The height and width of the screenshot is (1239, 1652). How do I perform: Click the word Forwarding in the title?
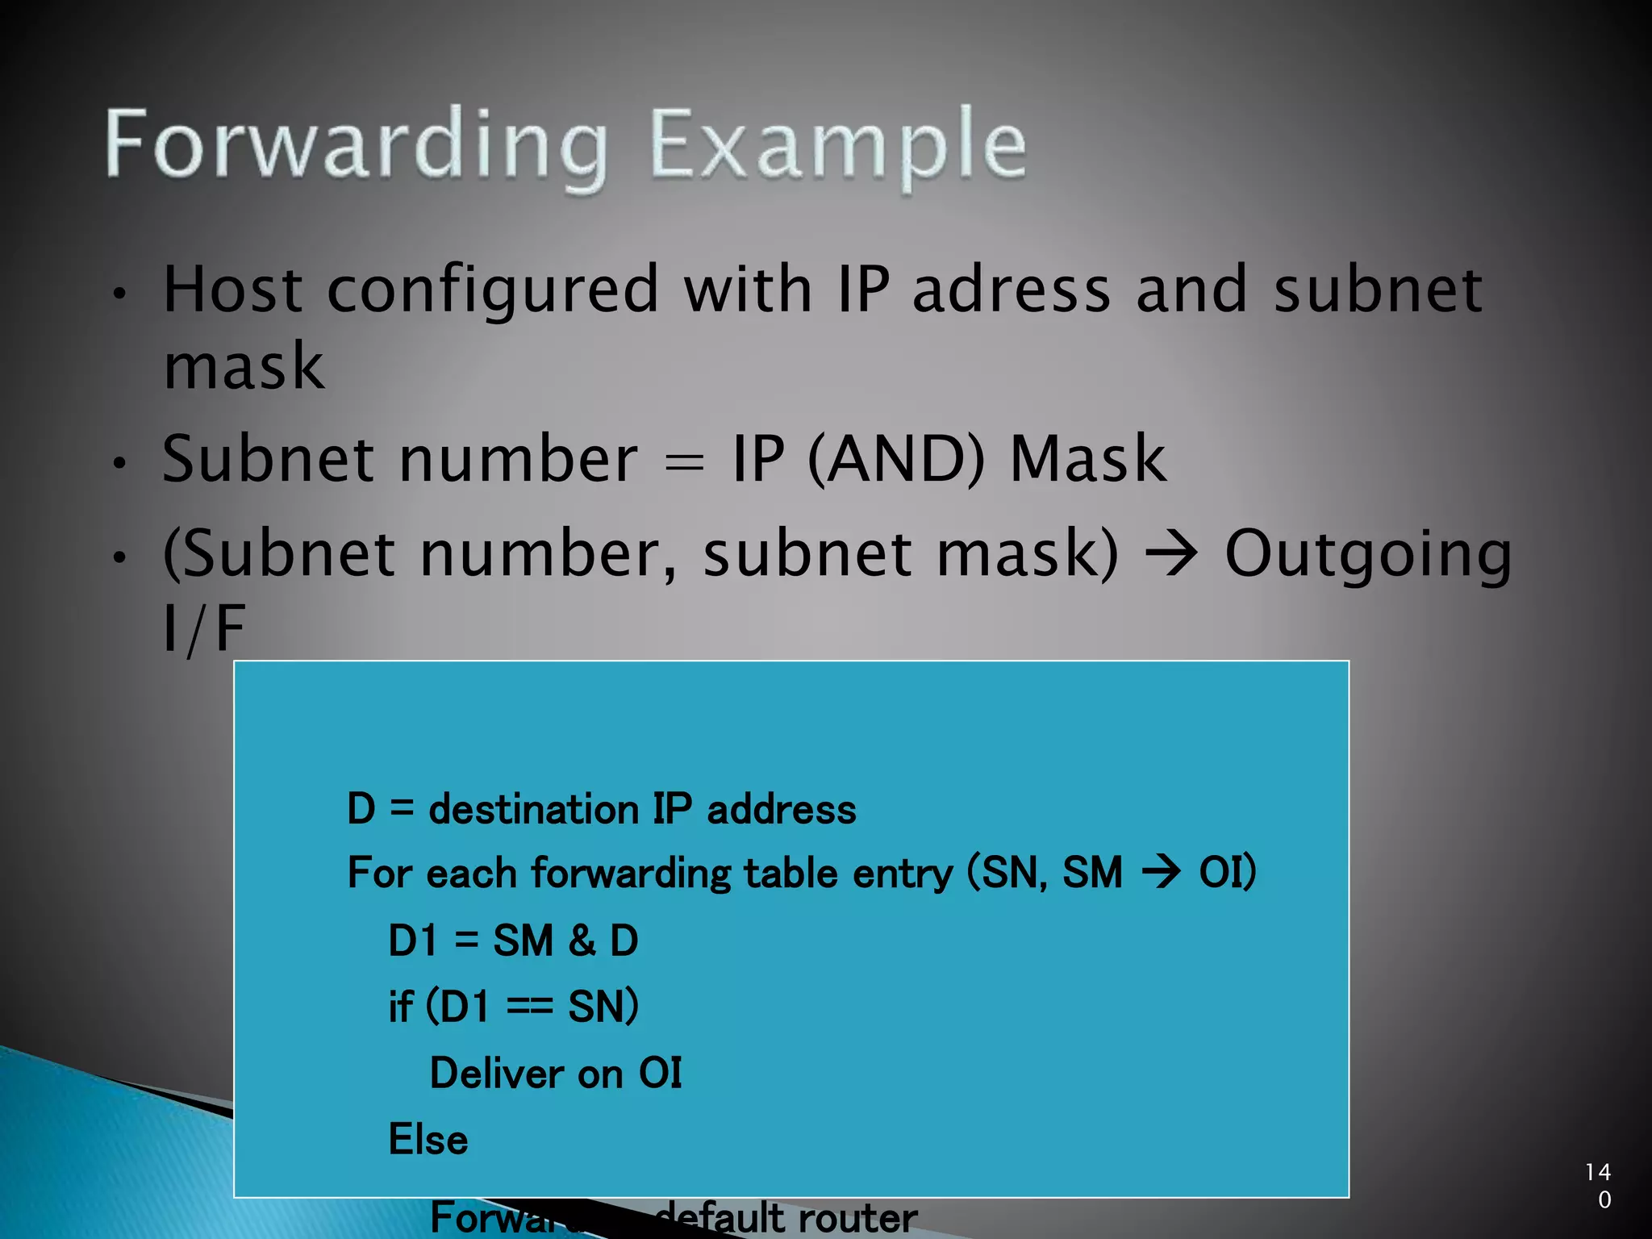[356, 145]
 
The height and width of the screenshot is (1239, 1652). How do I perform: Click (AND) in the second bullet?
[896, 459]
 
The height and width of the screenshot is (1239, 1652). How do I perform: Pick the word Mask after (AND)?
[1087, 459]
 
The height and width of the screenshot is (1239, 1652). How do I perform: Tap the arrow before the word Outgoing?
[1171, 555]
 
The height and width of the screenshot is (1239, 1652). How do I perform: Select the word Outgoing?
[1368, 557]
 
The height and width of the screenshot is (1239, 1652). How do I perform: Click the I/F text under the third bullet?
[204, 629]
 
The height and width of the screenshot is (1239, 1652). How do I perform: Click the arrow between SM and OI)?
[1161, 873]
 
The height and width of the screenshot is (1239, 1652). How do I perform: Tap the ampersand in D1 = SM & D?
[582, 941]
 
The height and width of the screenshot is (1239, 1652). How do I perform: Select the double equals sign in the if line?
[529, 1007]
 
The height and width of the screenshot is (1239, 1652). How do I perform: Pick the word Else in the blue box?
[428, 1140]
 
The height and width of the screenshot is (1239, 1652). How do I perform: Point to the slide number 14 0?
[1598, 1185]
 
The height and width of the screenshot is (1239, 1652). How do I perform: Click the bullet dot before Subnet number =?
[119, 464]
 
